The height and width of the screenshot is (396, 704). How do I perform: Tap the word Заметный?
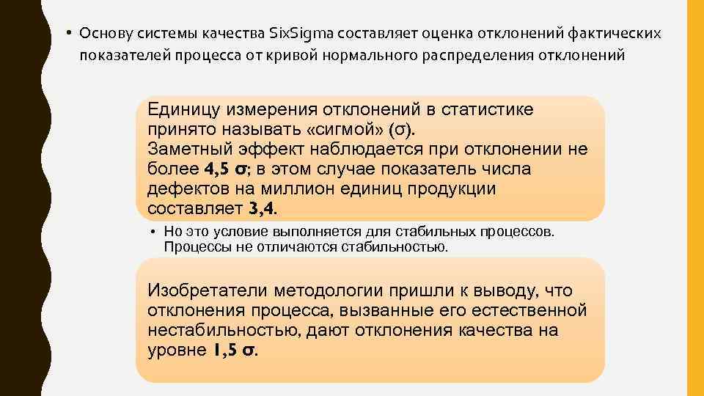pyautogui.click(x=185, y=150)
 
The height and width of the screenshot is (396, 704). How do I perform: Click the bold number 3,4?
pyautogui.click(x=263, y=209)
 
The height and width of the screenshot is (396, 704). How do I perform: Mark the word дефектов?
pyautogui.click(x=180, y=189)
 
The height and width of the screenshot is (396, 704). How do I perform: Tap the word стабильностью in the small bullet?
pyautogui.click(x=395, y=247)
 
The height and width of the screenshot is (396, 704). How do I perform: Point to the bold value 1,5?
pyautogui.click(x=224, y=350)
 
